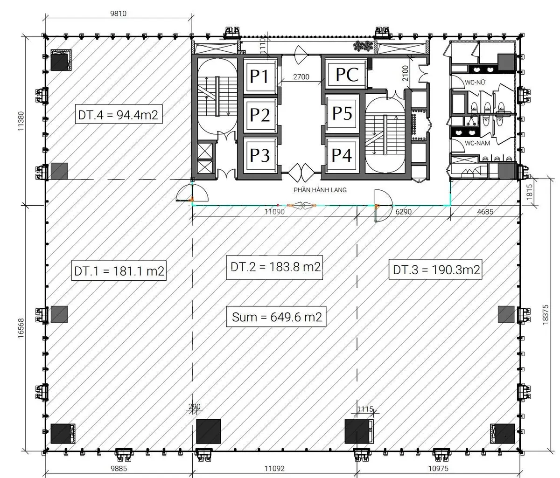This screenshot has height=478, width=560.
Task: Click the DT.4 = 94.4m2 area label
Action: pyautogui.click(x=119, y=114)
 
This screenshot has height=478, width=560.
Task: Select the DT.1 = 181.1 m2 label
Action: pyautogui.click(x=119, y=270)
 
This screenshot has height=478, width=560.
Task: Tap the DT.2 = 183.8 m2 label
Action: pyautogui.click(x=274, y=267)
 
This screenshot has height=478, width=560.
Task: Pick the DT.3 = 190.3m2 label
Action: pyautogui.click(x=435, y=270)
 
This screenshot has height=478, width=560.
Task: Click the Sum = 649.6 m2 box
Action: pyautogui.click(x=276, y=316)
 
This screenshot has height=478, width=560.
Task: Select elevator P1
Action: pyautogui.click(x=259, y=76)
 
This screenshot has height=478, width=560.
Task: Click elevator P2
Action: pyautogui.click(x=259, y=115)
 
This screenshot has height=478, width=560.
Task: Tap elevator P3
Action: pyautogui.click(x=259, y=155)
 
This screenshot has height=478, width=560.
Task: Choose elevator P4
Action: pyautogui.click(x=342, y=155)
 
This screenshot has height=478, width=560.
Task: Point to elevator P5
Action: pyautogui.click(x=342, y=113)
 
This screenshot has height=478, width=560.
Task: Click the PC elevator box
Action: pyautogui.click(x=347, y=74)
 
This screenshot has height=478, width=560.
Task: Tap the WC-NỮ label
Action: pyautogui.click(x=475, y=82)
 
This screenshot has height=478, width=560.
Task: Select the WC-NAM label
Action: pyautogui.click(x=477, y=143)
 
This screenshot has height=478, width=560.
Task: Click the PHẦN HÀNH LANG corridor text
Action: pyautogui.click(x=320, y=190)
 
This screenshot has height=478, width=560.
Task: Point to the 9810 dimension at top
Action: pyautogui.click(x=118, y=13)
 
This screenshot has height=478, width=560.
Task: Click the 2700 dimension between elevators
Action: pyautogui.click(x=301, y=77)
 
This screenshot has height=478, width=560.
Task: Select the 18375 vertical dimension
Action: pyautogui.click(x=546, y=314)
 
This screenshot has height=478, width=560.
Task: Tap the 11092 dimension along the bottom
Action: pyautogui.click(x=274, y=468)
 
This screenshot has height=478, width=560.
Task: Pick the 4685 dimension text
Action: pyautogui.click(x=485, y=211)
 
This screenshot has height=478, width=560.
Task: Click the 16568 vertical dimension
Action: pyautogui.click(x=21, y=328)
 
